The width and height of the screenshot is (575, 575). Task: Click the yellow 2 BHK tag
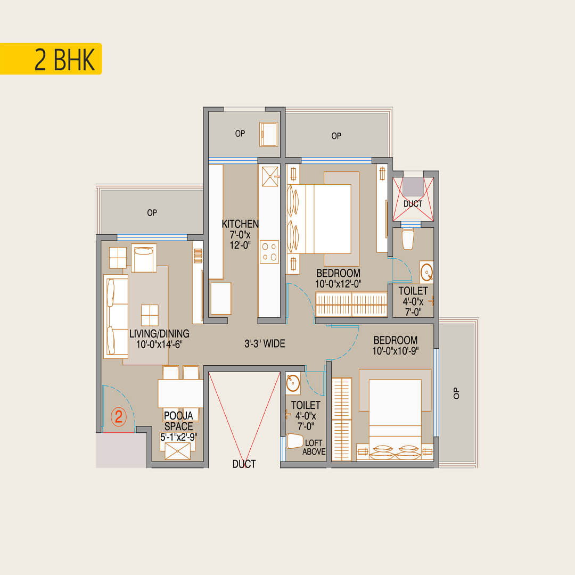(51, 59)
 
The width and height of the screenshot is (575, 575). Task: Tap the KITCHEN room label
(240, 224)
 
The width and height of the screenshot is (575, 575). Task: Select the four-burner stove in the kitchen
(269, 252)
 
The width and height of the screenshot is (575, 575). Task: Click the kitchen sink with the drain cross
(270, 176)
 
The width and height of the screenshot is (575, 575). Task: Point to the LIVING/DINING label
(160, 334)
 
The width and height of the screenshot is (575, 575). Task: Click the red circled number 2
(118, 417)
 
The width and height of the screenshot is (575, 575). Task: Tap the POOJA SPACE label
(178, 421)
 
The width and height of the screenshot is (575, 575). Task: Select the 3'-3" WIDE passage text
(265, 343)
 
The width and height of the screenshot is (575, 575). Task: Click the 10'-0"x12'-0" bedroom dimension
(338, 284)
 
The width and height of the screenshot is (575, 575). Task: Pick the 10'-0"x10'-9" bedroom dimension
(396, 351)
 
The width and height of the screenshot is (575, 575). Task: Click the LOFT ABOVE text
(314, 447)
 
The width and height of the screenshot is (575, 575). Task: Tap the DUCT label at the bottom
(244, 464)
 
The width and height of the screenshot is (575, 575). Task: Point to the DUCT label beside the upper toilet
(413, 204)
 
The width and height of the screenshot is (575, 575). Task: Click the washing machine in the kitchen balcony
(269, 135)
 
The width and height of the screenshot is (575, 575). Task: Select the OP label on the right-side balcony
(456, 393)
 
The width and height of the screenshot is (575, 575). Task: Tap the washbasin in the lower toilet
(293, 383)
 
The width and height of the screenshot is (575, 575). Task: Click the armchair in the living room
(144, 258)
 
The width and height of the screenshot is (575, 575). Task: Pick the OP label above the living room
(152, 212)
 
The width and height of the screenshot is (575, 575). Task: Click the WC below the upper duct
(408, 239)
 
